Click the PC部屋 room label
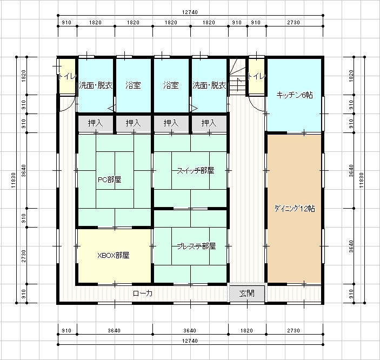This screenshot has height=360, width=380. coord(109,179)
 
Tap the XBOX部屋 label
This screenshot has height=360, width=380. coord(113,255)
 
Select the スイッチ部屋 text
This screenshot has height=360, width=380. coord(195,171)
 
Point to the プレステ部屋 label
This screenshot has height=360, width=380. coord(196,246)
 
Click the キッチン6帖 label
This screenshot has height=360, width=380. coord(295,95)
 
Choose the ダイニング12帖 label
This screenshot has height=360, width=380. coord(295,209)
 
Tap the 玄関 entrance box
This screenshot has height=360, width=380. coord(247,294)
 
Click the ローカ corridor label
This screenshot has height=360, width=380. coord(143,294)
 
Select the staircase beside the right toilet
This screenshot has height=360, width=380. coord(237,77)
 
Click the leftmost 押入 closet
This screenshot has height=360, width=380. coord(96,123)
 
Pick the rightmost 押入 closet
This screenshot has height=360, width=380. coord(209,123)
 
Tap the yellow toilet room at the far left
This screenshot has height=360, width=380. coord(67,76)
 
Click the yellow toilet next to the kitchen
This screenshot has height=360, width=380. coord(256,76)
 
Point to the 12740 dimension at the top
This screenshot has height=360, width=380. coord(190,12)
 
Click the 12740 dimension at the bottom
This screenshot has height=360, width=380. coord(190,341)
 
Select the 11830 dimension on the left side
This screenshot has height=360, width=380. coord(14,180)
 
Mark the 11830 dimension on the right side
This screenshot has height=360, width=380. coord(361,180)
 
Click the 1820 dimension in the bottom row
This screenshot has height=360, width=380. coord(246,330)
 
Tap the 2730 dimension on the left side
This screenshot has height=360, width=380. coord(23,256)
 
